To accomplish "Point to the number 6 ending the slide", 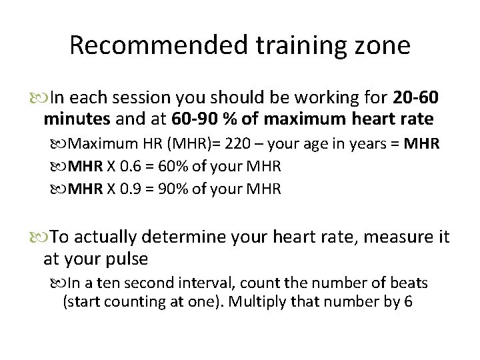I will click(x=407, y=301).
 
